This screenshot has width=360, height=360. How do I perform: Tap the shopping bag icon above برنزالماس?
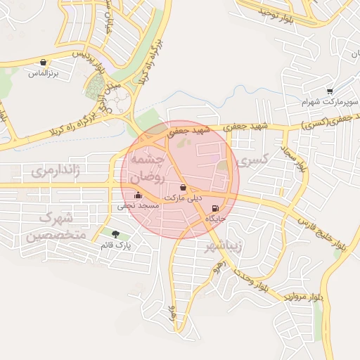44,63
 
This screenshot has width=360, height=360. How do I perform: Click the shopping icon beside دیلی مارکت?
184,188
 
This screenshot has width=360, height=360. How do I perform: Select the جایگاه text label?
215,219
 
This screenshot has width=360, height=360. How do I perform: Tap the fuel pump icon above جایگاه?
215,208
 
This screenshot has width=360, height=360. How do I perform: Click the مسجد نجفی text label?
137,206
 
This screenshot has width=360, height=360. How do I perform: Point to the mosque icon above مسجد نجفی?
137,195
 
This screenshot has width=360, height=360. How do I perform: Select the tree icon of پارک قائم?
115,233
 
